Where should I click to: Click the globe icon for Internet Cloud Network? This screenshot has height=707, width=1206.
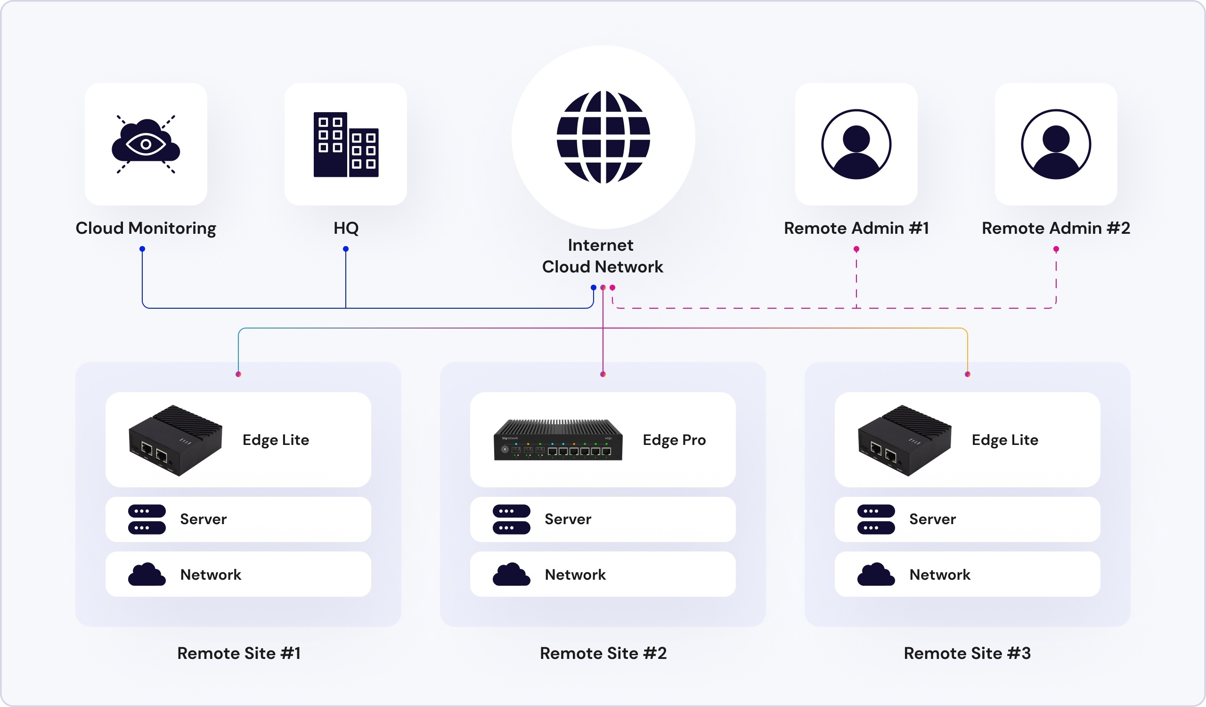point(603,137)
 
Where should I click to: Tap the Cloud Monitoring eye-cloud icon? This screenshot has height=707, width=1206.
point(146,144)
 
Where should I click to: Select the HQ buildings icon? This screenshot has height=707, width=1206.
point(345,145)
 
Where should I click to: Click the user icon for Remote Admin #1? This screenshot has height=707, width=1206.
point(856,144)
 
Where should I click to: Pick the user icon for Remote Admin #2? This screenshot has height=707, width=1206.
point(1056,144)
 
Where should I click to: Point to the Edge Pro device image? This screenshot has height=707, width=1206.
point(558,440)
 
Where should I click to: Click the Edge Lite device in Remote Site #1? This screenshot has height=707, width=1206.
point(175,440)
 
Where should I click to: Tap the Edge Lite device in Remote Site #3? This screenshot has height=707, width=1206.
point(904,440)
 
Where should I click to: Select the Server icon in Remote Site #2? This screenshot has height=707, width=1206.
point(511,519)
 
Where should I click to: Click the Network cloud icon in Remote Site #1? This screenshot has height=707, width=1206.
point(147,575)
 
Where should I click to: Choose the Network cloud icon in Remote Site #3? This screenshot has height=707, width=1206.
point(876,575)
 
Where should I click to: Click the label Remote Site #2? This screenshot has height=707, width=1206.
point(603,653)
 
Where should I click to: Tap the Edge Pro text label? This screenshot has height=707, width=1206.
point(674,440)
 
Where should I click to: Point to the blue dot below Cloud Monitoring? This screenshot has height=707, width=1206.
point(142,249)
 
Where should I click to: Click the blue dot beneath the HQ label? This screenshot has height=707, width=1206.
point(345,249)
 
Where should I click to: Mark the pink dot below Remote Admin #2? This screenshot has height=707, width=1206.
point(1056,249)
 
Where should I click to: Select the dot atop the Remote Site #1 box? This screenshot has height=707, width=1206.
point(238,374)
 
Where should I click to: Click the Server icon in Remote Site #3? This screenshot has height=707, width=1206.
point(876,519)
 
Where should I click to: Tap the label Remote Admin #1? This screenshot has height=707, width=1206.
point(856,228)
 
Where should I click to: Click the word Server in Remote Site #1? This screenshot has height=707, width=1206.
point(203,519)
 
